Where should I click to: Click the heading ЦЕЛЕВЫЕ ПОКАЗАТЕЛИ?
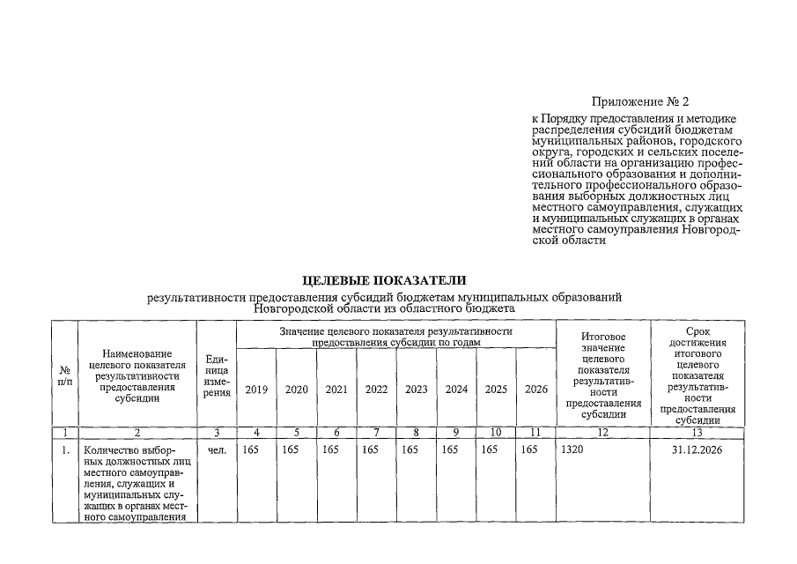(x=383, y=281)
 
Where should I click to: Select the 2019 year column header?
(x=256, y=389)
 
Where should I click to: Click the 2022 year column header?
(x=376, y=389)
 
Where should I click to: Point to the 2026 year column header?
(x=535, y=389)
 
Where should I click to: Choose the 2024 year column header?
(x=456, y=389)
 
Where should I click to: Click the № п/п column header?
(x=64, y=375)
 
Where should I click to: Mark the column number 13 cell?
(x=697, y=433)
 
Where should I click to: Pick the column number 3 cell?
(x=217, y=433)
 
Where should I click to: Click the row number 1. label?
(x=64, y=449)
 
